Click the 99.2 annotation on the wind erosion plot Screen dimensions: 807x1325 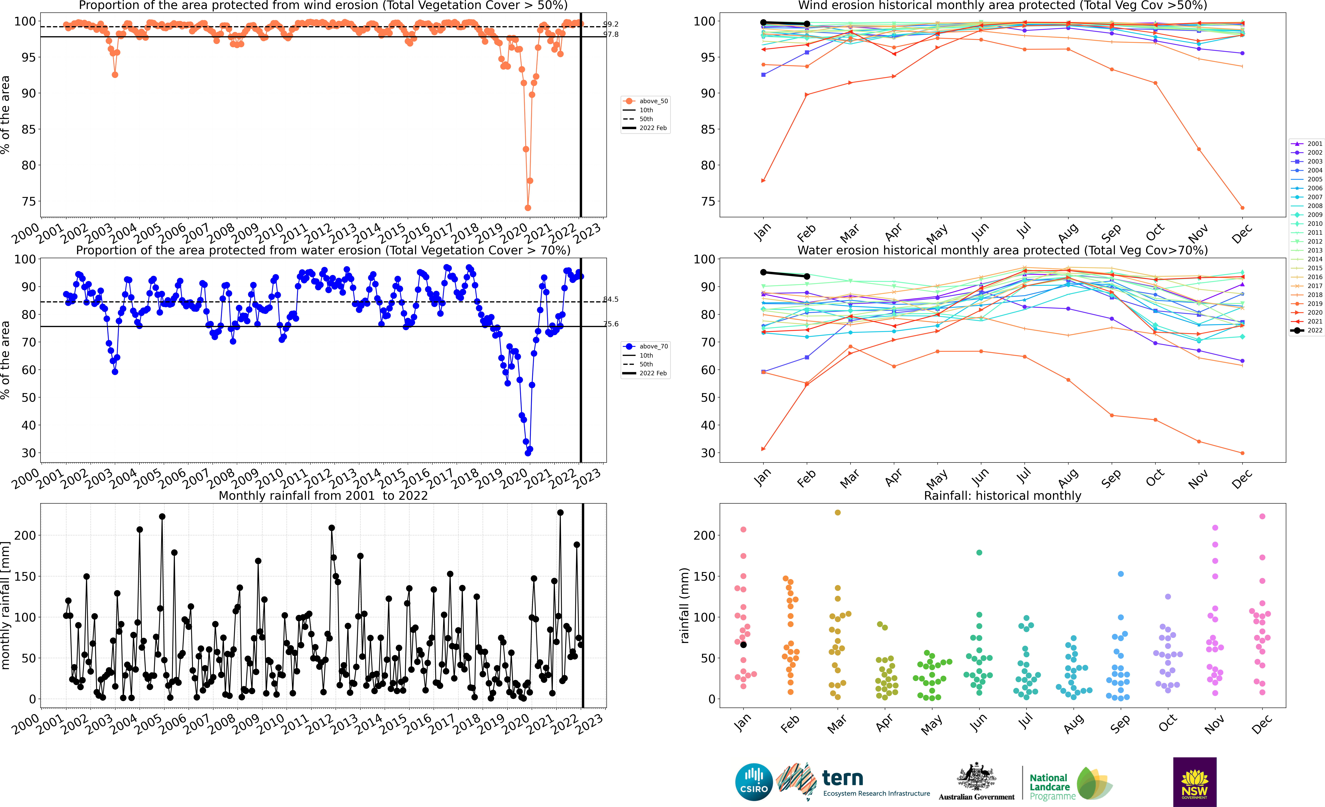pos(611,24)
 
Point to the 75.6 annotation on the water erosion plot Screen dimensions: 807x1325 pos(611,324)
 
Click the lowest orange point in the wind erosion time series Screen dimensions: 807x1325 pos(528,208)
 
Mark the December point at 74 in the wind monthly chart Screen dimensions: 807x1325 pos(1242,208)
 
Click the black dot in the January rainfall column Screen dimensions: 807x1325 pos(743,644)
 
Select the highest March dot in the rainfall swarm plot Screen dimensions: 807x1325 pos(837,513)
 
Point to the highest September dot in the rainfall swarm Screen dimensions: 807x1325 pos(1121,574)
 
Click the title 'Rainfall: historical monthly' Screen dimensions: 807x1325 pos(1002,496)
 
